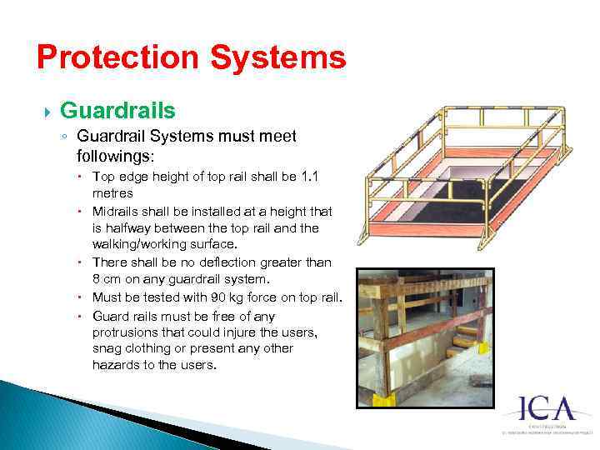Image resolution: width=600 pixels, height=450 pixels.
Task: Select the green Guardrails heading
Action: pos(117,111)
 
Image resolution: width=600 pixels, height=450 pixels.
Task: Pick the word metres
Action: pos(113,192)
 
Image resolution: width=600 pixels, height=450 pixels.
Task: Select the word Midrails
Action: pos(115,212)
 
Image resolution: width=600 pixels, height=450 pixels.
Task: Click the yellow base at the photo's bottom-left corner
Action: pos(382,398)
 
